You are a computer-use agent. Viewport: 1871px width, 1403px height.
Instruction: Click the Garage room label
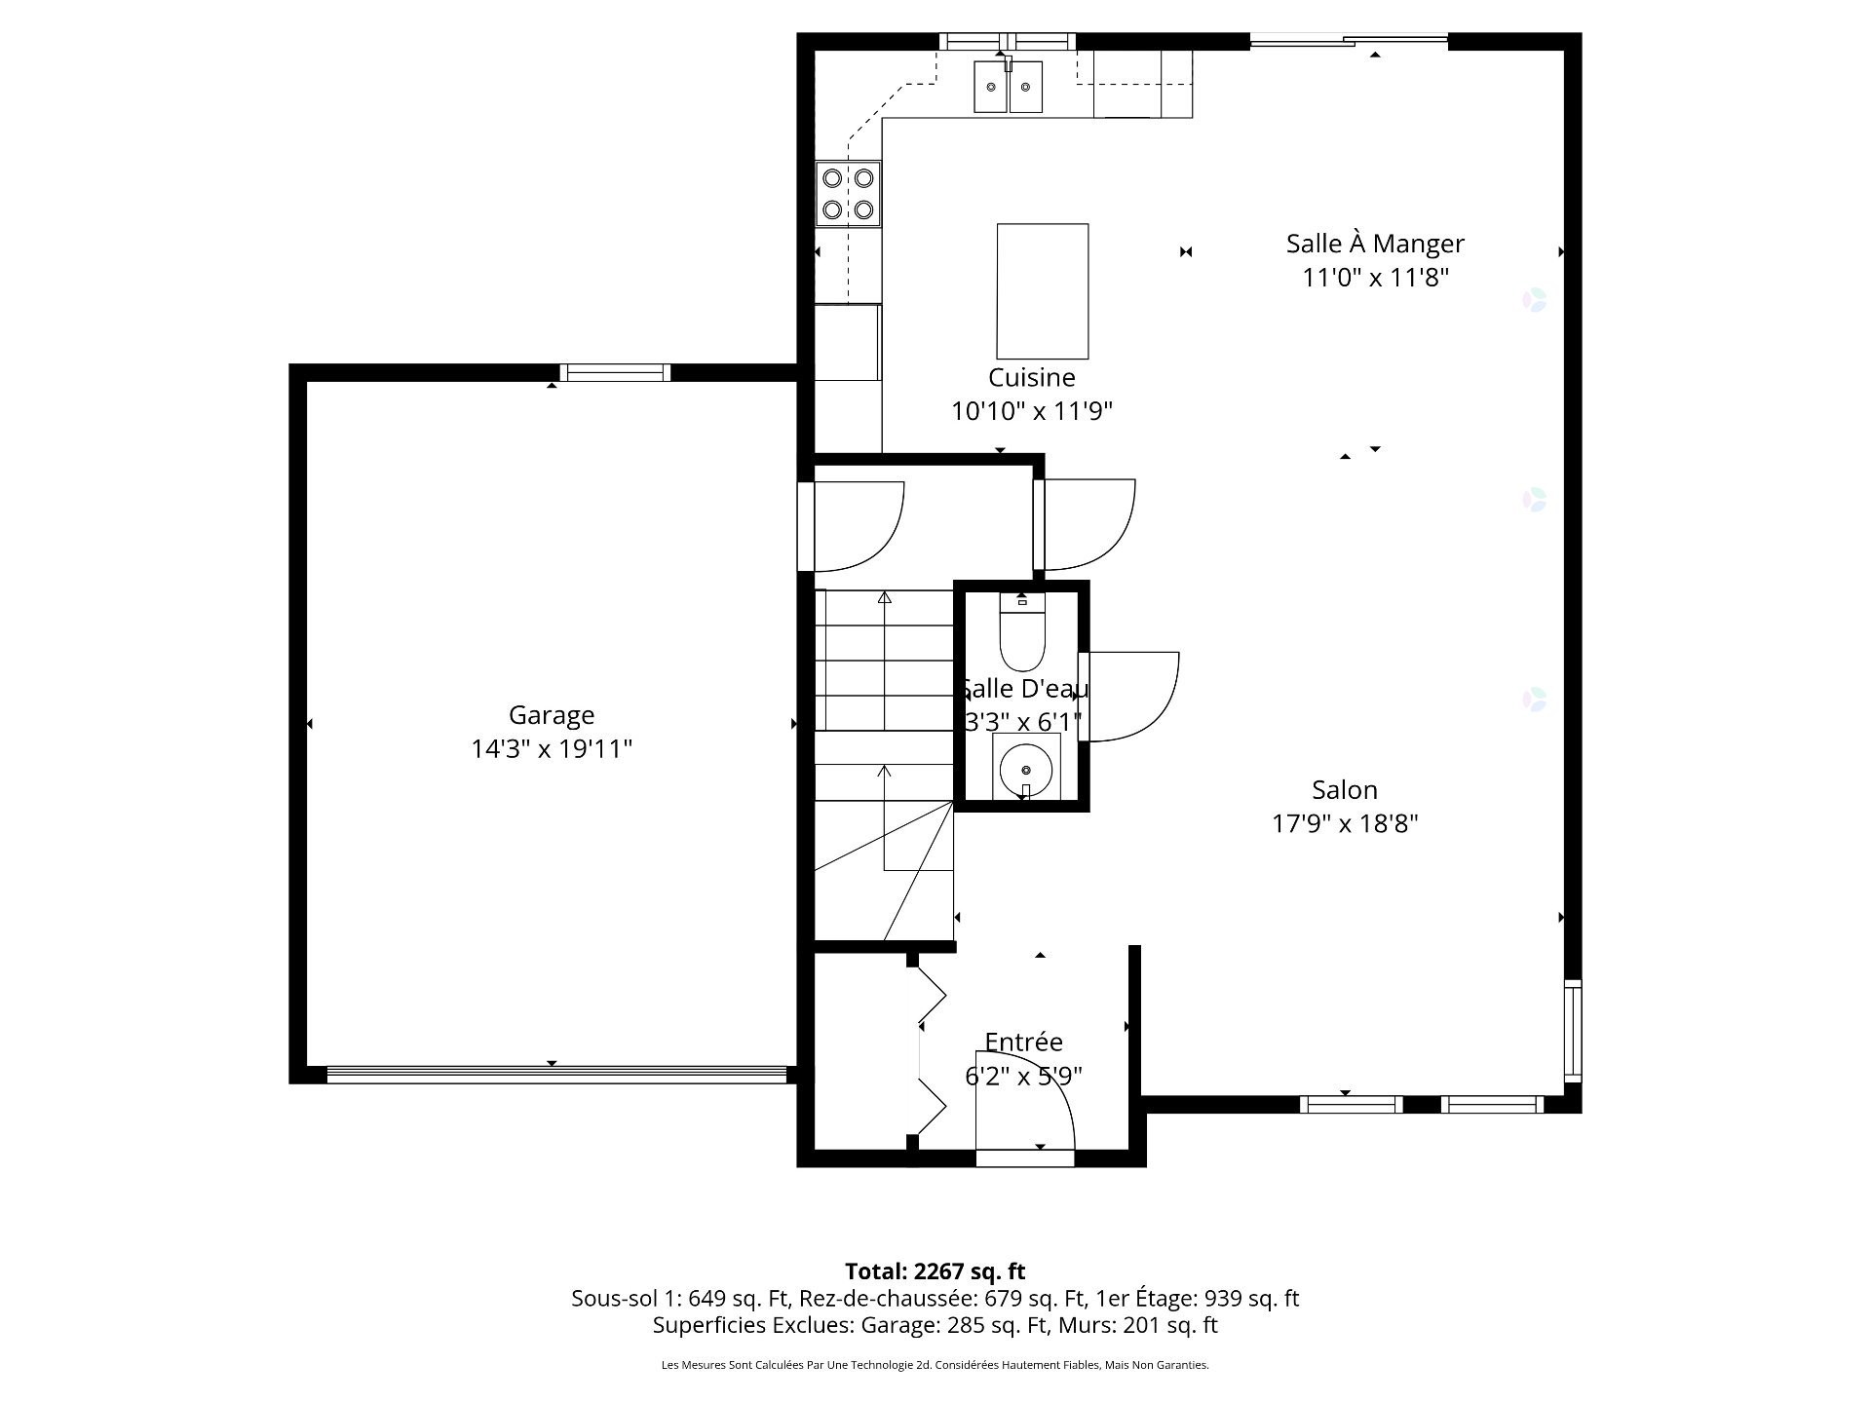551,715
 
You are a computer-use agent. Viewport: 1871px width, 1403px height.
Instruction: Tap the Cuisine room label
1031,377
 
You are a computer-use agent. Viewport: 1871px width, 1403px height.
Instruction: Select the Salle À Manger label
1374,244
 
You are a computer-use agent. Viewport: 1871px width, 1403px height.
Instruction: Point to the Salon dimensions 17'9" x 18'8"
1344,823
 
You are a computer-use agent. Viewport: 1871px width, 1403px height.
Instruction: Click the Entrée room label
1023,1042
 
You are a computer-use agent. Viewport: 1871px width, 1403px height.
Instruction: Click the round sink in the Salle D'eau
1025,768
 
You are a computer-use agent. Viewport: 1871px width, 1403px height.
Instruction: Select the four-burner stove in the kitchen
848,194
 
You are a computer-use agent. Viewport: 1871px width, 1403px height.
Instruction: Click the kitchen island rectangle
1042,291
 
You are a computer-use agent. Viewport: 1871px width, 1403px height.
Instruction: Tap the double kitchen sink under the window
1008,87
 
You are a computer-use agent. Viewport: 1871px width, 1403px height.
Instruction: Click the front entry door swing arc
1033,1111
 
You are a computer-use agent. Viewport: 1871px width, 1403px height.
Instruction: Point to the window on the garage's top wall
615,372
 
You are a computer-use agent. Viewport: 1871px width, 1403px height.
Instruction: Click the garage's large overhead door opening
555,1075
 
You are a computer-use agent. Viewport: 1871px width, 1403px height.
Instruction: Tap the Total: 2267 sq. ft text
935,1271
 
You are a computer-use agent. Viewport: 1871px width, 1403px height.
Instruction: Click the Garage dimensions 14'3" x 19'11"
551,749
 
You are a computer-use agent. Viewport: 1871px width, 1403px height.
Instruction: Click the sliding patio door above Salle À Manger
1349,41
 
